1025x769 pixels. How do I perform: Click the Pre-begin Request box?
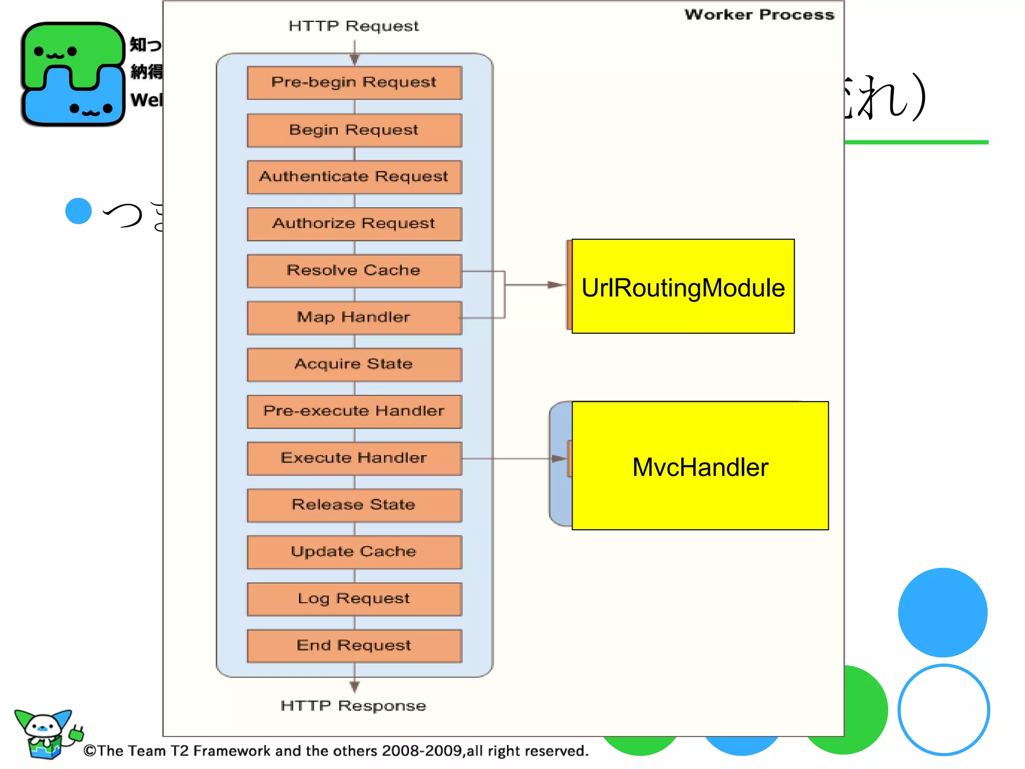[354, 83]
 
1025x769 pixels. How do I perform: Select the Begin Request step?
[354, 130]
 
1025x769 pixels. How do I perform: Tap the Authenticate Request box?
[354, 177]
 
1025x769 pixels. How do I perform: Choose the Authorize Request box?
[354, 224]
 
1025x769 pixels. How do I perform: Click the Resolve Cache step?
[354, 271]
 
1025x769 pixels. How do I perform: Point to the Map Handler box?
[354, 317]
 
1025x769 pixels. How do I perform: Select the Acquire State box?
[354, 364]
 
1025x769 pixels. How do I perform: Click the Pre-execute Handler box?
[354, 412]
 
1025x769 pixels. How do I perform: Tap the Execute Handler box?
[354, 458]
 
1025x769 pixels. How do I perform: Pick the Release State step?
[354, 505]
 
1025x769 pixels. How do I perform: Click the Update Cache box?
[354, 552]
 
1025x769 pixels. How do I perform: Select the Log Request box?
[354, 599]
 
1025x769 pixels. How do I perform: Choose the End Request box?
[354, 646]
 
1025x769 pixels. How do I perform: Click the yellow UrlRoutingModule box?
[683, 286]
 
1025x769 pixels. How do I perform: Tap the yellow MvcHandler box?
[700, 466]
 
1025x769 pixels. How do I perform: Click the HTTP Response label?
[353, 706]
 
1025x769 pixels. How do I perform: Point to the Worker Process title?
[759, 15]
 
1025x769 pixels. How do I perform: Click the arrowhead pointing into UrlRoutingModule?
[556, 285]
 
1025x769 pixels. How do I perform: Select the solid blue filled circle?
[942, 612]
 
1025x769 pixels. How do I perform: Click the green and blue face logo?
[73, 74]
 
